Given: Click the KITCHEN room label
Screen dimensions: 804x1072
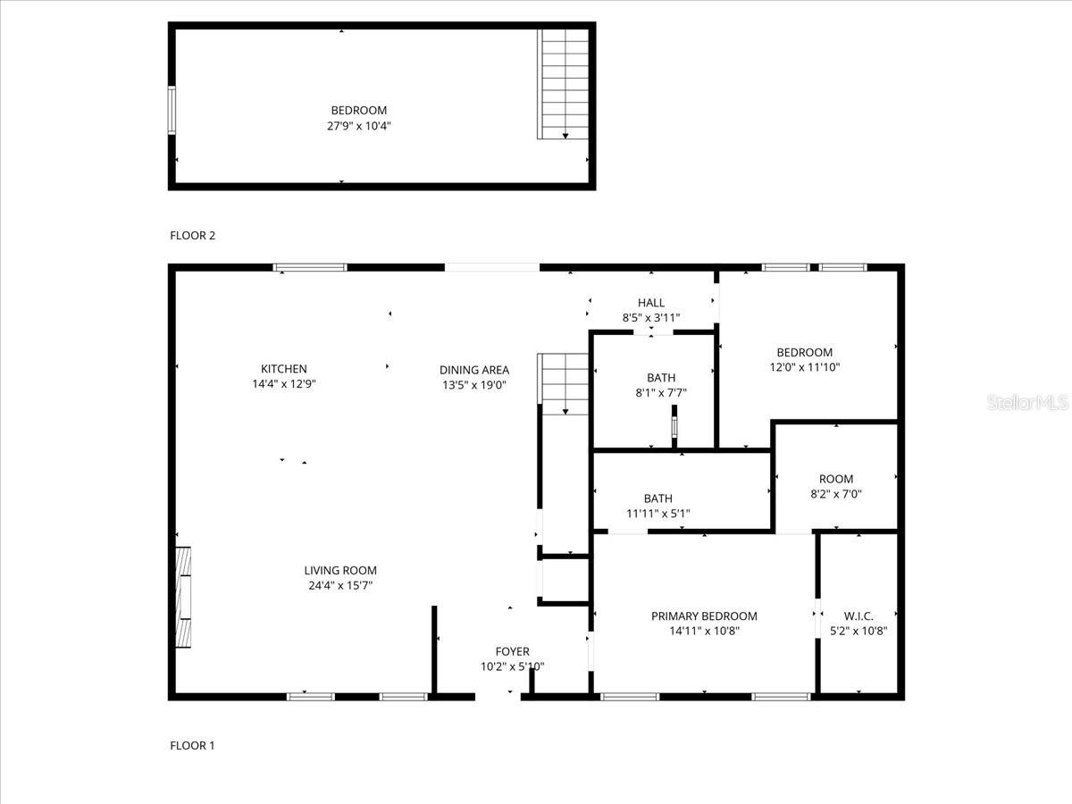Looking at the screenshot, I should [x=283, y=369].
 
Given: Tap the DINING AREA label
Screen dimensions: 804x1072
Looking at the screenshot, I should [x=473, y=370].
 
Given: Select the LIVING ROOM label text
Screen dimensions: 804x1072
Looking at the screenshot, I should [x=339, y=571].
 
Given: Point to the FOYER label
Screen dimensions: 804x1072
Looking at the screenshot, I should [x=512, y=652].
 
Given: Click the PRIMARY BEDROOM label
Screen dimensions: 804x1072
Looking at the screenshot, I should [x=703, y=616].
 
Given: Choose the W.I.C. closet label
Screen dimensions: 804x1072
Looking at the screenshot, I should [x=858, y=616].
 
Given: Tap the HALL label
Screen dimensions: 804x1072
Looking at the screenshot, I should [x=650, y=303].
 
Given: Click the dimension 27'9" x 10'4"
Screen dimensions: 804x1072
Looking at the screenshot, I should [x=358, y=126].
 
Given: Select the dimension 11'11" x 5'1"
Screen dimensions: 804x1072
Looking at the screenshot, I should [x=657, y=514].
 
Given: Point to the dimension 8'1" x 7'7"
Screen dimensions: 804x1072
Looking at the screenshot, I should [x=661, y=393].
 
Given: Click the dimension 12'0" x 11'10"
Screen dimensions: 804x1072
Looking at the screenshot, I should [x=804, y=367].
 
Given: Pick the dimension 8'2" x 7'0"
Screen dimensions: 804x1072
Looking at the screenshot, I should [x=835, y=494].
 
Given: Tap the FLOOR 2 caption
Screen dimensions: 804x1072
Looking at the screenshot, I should [x=192, y=236].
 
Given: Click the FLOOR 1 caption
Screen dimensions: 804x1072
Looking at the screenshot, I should [x=192, y=745].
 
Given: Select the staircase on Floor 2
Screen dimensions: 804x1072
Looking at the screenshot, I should [x=563, y=84].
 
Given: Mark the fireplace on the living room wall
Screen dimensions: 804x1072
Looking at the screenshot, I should [x=182, y=597].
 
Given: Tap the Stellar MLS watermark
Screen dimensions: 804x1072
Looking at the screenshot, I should [x=1027, y=403].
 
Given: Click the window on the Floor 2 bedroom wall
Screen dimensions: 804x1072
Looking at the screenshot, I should [x=172, y=110].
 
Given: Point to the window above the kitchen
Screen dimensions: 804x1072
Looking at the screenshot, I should [x=310, y=266].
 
